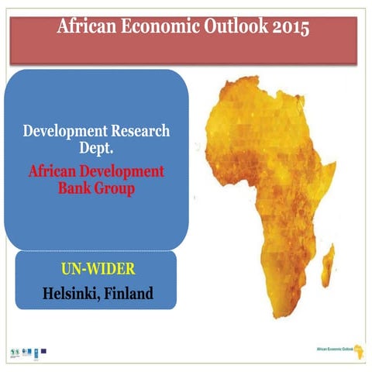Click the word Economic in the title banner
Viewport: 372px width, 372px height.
click(x=170, y=28)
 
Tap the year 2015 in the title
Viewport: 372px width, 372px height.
click(x=281, y=28)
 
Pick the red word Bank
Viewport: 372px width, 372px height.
click(x=76, y=188)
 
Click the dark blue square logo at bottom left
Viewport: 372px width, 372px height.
click(x=43, y=350)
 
